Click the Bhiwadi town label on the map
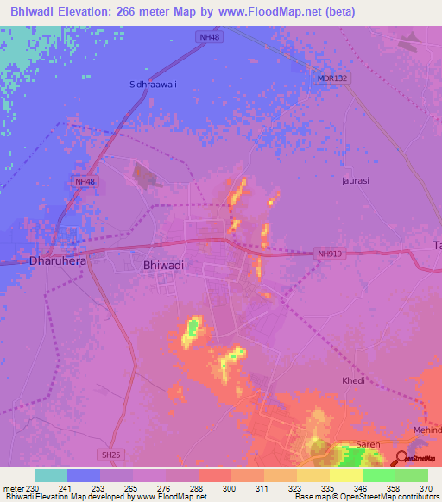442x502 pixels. point(163,267)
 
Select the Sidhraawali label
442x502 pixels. point(155,85)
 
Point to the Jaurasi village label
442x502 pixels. point(355,181)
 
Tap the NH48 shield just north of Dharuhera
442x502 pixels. point(85,181)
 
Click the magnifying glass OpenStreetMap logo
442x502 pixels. point(402,457)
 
